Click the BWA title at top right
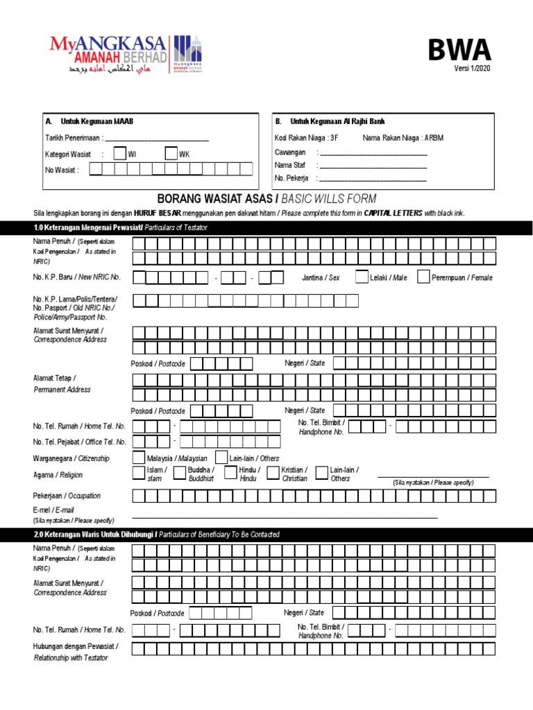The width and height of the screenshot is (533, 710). pyautogui.click(x=459, y=51)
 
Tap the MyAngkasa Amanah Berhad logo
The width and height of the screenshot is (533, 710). pyautogui.click(x=128, y=54)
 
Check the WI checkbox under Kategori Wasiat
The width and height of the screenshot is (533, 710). pyautogui.click(x=119, y=154)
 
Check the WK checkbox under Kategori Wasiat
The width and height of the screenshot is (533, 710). pyautogui.click(x=171, y=154)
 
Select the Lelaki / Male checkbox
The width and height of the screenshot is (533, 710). pyautogui.click(x=381, y=277)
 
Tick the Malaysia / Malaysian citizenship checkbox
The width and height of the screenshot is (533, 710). pyautogui.click(x=139, y=458)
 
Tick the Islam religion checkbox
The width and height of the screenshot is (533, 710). pyautogui.click(x=139, y=473)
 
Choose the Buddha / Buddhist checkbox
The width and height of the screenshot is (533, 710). pyautogui.click(x=180, y=473)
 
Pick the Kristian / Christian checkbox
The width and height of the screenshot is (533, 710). pyautogui.click(x=273, y=473)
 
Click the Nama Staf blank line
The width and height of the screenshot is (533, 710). pyautogui.click(x=373, y=166)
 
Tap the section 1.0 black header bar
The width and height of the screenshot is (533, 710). pyautogui.click(x=266, y=228)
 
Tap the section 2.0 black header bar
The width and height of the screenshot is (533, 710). pyautogui.click(x=266, y=535)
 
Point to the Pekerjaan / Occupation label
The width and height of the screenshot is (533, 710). pyautogui.click(x=67, y=496)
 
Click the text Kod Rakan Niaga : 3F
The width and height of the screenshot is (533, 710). pyautogui.click(x=306, y=138)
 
